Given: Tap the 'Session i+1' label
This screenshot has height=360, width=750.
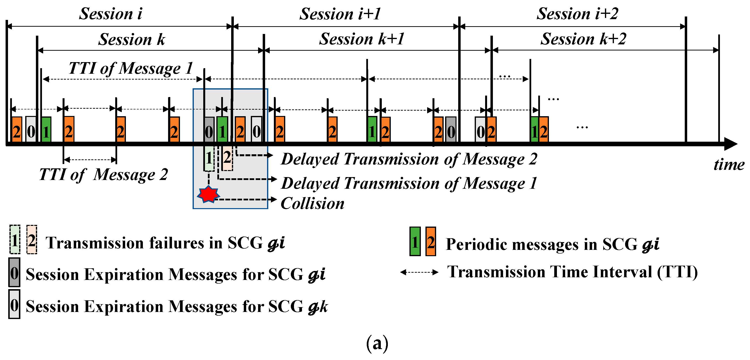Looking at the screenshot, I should (340, 14).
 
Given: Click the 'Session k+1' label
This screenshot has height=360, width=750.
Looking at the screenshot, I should (362, 39).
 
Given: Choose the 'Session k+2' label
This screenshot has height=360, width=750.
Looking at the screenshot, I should (583, 39).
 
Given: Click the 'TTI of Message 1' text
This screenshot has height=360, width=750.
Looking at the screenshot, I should (131, 68).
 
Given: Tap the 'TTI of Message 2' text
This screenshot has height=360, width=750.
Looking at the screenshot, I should (103, 175).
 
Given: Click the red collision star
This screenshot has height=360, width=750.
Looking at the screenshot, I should (208, 195).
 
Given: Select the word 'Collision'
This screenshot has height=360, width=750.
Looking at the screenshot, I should (312, 203).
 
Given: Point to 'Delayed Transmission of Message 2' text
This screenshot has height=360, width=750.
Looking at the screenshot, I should (409, 159).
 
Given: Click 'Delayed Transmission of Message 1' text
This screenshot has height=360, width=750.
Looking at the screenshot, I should (409, 183).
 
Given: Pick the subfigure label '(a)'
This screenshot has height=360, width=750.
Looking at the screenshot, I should (377, 343).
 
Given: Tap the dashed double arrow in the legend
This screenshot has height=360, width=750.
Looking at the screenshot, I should (419, 272).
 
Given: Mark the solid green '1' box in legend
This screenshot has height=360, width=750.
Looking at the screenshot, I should (415, 241).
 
